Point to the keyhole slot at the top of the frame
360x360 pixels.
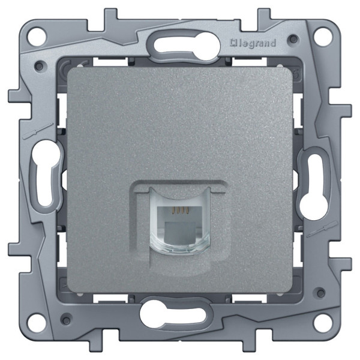click(x=178, y=44)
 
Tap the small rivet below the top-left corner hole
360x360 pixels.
click(x=40, y=64)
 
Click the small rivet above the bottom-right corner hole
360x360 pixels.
click(x=320, y=295)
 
